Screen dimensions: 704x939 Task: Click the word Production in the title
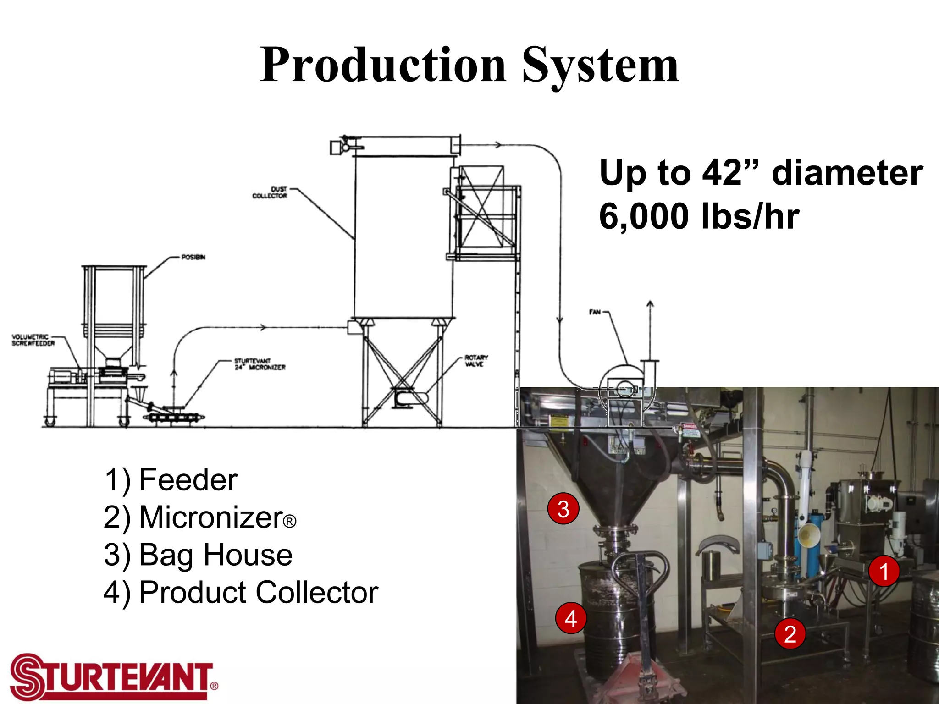coord(383,65)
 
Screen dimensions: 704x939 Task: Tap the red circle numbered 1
coord(884,572)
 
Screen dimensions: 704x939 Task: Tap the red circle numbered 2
coord(790,634)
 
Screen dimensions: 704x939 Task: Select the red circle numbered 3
coord(563,509)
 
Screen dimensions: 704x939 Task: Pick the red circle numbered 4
coord(570,618)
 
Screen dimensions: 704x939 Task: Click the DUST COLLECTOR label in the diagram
coord(270,192)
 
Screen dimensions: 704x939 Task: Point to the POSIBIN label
coord(193,257)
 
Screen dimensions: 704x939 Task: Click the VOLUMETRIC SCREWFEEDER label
coord(33,340)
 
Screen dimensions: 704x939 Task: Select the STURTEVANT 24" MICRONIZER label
coord(260,364)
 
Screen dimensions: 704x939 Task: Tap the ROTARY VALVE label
coord(476,361)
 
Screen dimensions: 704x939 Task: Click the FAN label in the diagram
coord(595,312)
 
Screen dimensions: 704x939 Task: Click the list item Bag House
coord(215,555)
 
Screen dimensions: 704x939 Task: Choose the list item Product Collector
coord(259,592)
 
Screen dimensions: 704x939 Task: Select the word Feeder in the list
coord(188,480)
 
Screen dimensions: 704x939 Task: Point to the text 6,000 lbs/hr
coord(699,216)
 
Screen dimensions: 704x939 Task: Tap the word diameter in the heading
coord(847,173)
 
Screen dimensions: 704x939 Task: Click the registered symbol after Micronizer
coord(289,522)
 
